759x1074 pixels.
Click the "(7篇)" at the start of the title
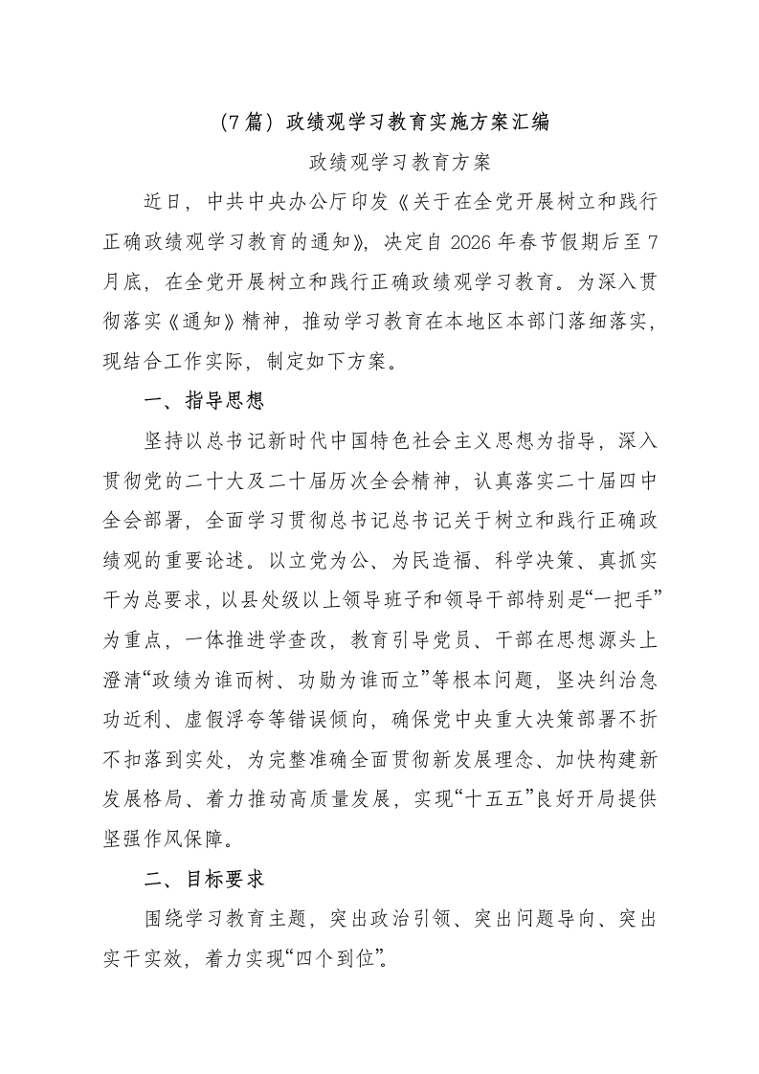click(243, 123)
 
